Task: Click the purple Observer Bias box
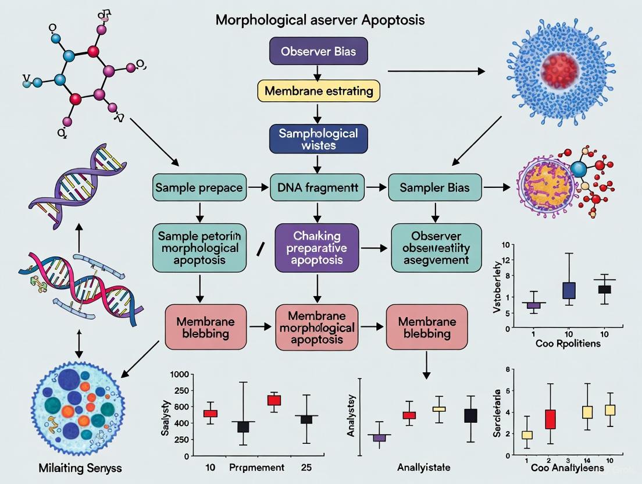(x=318, y=52)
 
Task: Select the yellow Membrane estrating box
(x=318, y=91)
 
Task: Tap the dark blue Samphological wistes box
(x=318, y=139)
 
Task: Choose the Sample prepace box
(x=199, y=188)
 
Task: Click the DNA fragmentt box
(x=317, y=188)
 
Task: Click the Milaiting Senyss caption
(x=69, y=468)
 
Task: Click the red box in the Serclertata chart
(x=550, y=419)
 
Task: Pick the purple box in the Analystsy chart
(x=379, y=437)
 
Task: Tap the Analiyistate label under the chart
(x=423, y=467)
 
